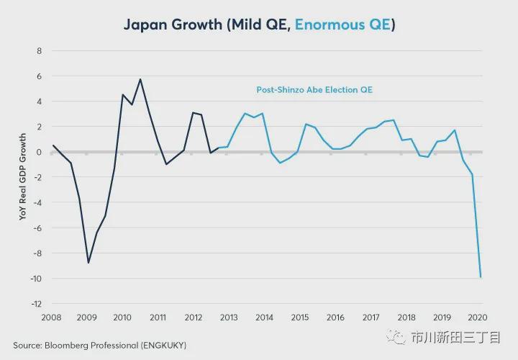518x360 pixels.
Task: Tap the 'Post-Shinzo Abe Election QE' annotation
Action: coord(314,90)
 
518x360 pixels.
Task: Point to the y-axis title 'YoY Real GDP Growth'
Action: coord(23,176)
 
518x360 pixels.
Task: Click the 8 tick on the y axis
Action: coord(38,51)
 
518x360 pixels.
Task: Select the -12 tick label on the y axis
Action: coord(36,304)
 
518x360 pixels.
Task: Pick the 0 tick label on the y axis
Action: coord(38,152)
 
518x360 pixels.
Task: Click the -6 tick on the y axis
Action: coord(37,228)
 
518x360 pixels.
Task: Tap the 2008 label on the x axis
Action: coord(52,318)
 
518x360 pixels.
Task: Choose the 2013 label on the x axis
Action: coord(229,318)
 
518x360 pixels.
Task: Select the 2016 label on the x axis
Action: coord(335,318)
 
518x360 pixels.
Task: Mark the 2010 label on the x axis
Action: coord(122,318)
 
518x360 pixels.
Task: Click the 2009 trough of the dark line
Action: coord(88,263)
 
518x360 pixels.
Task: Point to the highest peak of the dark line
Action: coord(140,79)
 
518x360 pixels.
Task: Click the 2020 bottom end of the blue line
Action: coord(481,277)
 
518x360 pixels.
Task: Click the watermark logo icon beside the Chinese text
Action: coord(396,336)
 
